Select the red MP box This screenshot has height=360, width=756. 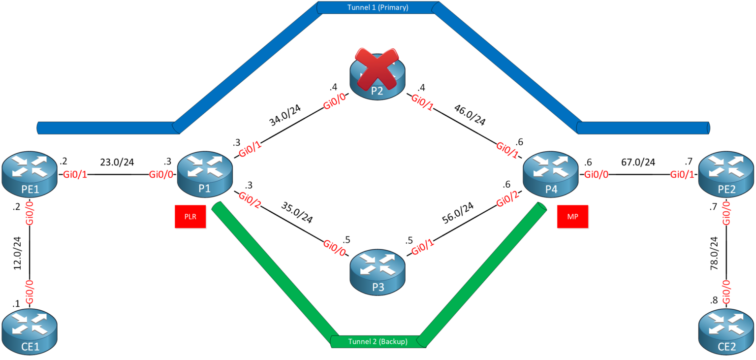coord(572,217)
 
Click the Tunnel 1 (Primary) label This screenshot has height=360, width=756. coord(377,7)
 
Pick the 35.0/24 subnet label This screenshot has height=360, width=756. coord(297,213)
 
